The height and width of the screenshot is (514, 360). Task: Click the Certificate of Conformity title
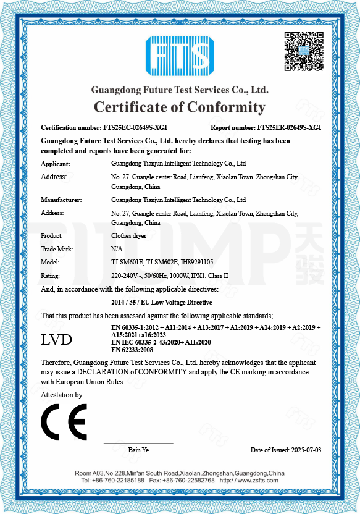179,107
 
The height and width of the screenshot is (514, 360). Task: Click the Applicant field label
56,164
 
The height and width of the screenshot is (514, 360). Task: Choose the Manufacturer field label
61,200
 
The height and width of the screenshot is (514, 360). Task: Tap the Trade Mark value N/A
116,249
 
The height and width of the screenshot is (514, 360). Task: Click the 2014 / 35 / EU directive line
162,302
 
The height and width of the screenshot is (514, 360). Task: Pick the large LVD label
56,339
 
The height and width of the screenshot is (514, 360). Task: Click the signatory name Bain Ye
138,450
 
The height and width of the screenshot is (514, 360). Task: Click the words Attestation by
62,394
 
